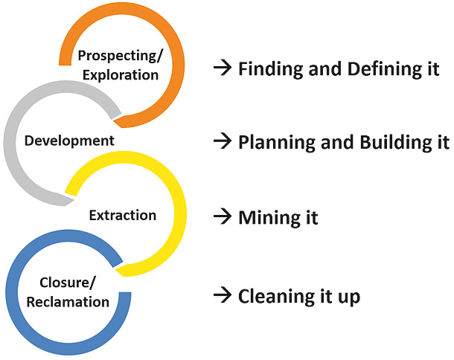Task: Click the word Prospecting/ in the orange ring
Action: pyautogui.click(x=121, y=56)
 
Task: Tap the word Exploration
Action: pyautogui.click(x=121, y=75)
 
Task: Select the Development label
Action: pyautogui.click(x=69, y=141)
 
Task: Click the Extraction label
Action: pyautogui.click(x=123, y=215)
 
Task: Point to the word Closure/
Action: pyautogui.click(x=67, y=283)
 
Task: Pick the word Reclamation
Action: pyautogui.click(x=68, y=302)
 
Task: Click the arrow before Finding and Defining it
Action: pyautogui.click(x=223, y=68)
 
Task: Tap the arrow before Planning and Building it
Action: pyautogui.click(x=223, y=141)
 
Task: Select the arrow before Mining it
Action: pyautogui.click(x=223, y=216)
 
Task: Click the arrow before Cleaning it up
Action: pyautogui.click(x=223, y=295)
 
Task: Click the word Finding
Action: pyautogui.click(x=272, y=69)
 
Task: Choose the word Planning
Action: pyautogui.click(x=277, y=143)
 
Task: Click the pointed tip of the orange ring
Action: pyautogui.click(x=113, y=122)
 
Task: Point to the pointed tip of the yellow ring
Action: pyautogui.click(x=115, y=270)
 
